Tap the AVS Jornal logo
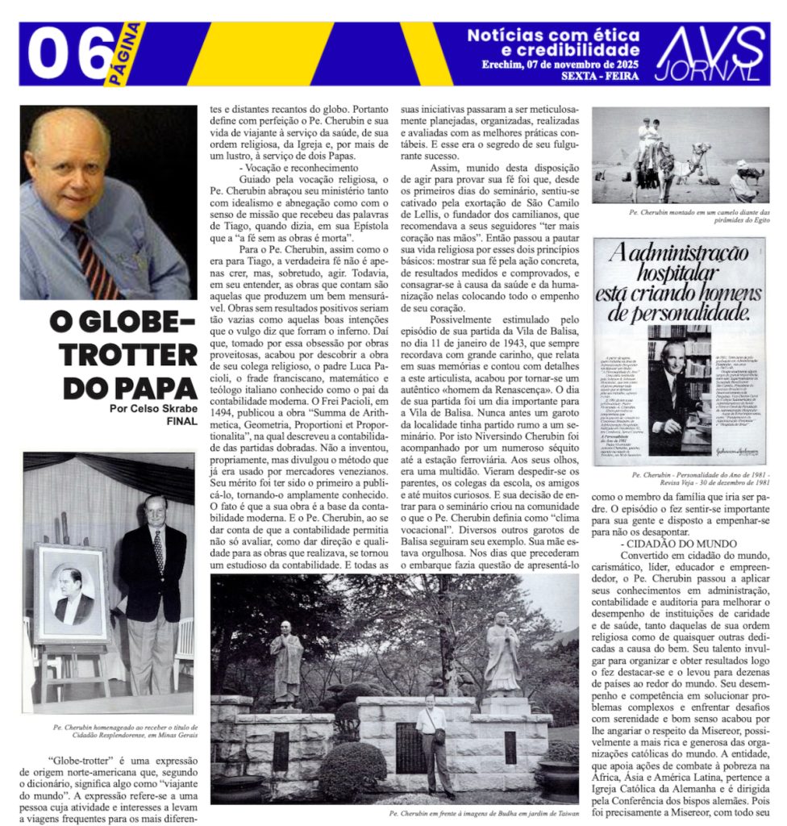(x=709, y=53)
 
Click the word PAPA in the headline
(x=153, y=386)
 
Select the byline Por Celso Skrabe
(x=153, y=408)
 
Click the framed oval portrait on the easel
(x=72, y=592)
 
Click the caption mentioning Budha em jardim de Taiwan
(x=483, y=814)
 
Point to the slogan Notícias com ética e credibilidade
(x=553, y=42)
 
